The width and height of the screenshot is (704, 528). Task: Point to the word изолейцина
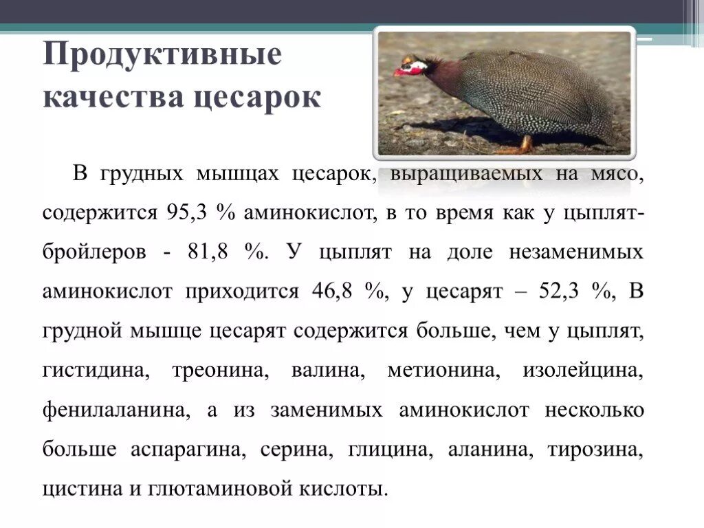(x=582, y=371)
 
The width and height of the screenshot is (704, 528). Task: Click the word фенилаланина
(x=115, y=411)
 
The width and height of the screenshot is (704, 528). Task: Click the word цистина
(x=82, y=489)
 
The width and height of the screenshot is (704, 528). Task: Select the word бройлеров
(x=94, y=252)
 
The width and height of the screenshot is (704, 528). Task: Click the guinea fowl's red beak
(x=399, y=71)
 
